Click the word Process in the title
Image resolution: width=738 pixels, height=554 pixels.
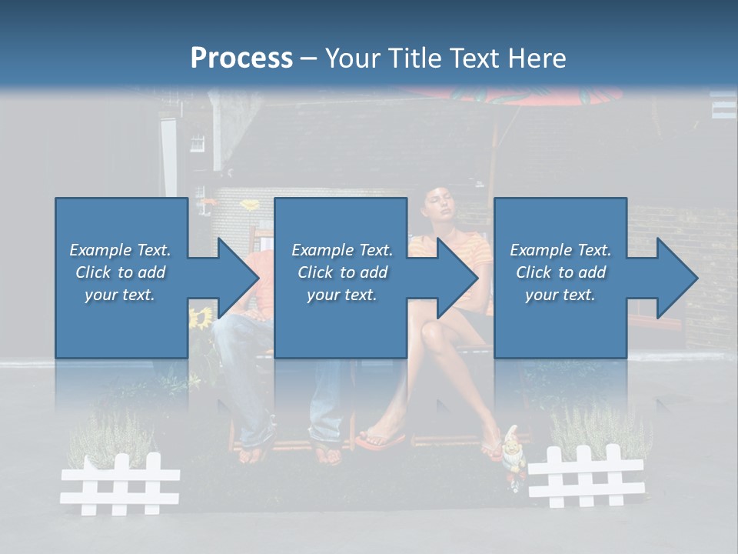241,58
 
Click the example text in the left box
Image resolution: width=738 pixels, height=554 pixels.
121,272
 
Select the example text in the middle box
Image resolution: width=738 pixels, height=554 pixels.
341,272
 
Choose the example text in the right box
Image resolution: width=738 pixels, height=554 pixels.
560,272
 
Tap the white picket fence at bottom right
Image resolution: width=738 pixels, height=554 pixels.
586,475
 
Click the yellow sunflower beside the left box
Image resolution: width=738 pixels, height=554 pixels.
201,316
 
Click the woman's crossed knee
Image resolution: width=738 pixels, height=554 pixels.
432,332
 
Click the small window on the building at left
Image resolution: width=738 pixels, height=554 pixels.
198,142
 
